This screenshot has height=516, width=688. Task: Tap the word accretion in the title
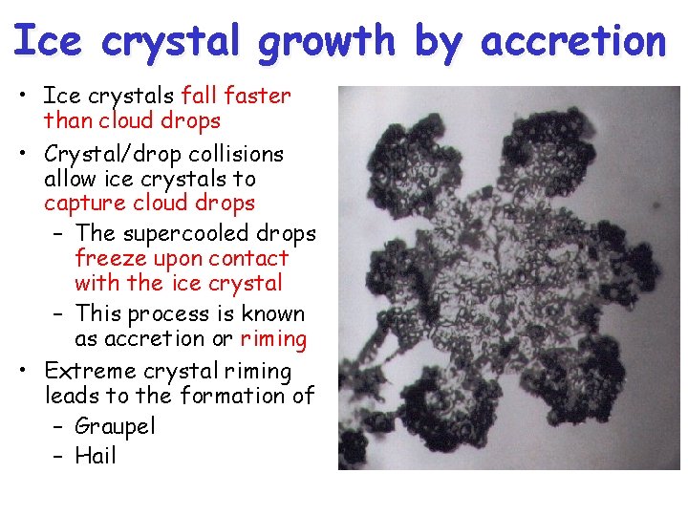[574, 42]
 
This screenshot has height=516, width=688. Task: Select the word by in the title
[437, 42]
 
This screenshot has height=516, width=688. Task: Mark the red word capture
[85, 204]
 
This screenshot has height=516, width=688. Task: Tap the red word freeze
[108, 258]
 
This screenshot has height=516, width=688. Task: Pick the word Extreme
[91, 371]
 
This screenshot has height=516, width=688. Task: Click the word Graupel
[115, 426]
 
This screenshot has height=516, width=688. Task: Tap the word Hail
[95, 456]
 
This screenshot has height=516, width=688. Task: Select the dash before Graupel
[58, 426]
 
